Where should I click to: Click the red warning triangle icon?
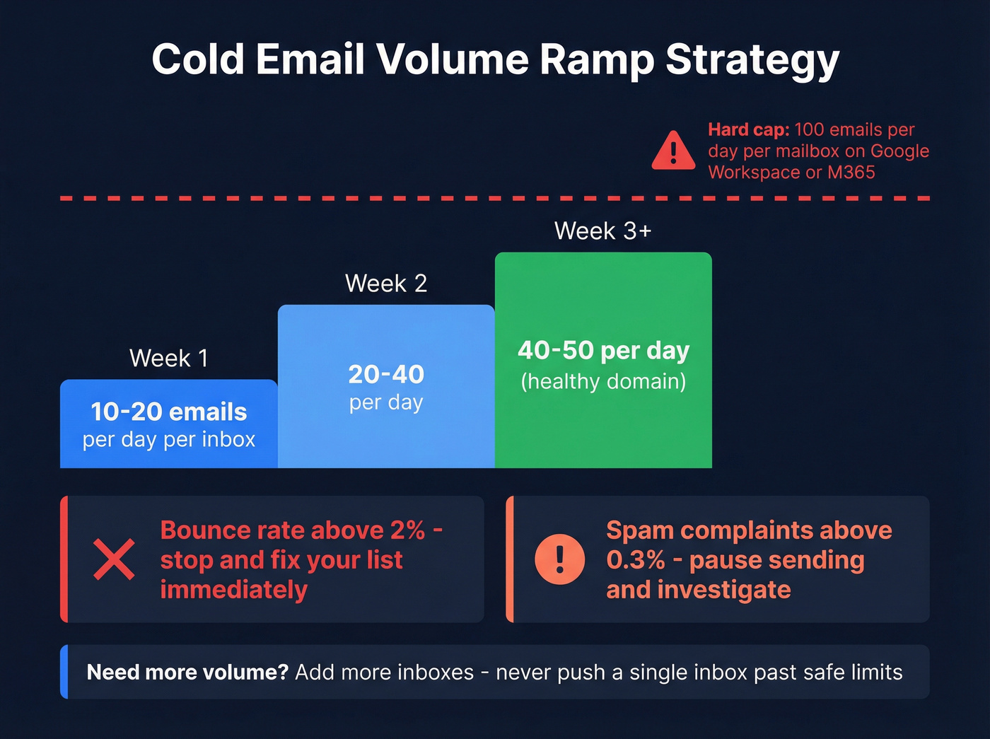point(673,151)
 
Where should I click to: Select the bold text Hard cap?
point(748,130)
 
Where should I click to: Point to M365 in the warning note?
point(851,173)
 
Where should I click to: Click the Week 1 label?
point(169,358)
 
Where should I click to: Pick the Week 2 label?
point(386,284)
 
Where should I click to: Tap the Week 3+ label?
point(602,231)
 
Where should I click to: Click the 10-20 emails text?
point(169,412)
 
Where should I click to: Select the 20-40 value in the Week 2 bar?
point(386,374)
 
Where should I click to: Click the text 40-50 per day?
point(603,350)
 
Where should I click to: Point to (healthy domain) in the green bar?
point(603,382)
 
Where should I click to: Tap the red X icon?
point(114,559)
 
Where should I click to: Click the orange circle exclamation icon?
point(559,559)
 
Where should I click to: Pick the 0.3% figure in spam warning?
point(635,560)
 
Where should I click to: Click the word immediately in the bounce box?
point(233,590)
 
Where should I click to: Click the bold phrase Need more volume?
point(187,672)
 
